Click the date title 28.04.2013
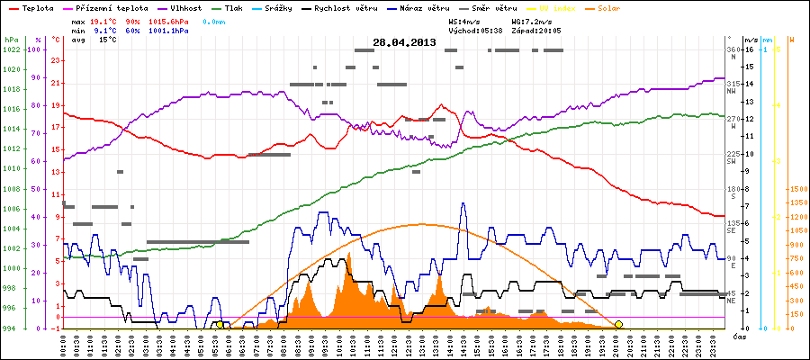[404, 42]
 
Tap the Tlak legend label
[241, 7]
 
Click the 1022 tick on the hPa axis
[11, 49]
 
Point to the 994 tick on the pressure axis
[11, 328]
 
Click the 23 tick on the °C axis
[56, 60]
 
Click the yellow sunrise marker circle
[220, 324]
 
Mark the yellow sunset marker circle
[618, 324]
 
